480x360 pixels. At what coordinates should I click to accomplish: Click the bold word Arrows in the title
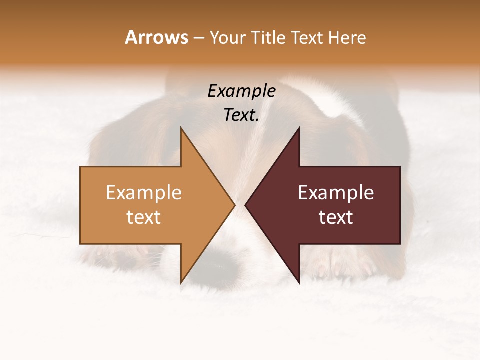tap(157, 37)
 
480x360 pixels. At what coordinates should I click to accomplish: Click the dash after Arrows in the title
tap(198, 38)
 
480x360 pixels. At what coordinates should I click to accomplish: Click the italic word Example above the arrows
tap(241, 91)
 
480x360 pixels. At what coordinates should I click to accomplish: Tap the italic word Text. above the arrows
tap(241, 115)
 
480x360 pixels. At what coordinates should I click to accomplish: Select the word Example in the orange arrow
tap(143, 192)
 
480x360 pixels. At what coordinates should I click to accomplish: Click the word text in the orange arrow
tap(143, 217)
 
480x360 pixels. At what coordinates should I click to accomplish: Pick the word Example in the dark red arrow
tap(336, 192)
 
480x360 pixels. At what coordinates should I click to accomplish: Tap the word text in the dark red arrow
tap(336, 217)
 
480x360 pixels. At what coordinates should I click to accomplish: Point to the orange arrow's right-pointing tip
tap(234, 205)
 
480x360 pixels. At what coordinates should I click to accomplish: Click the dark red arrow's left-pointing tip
tap(246, 205)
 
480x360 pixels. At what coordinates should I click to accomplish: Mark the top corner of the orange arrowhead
tap(181, 129)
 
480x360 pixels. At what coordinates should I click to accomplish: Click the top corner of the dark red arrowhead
tap(299, 129)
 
